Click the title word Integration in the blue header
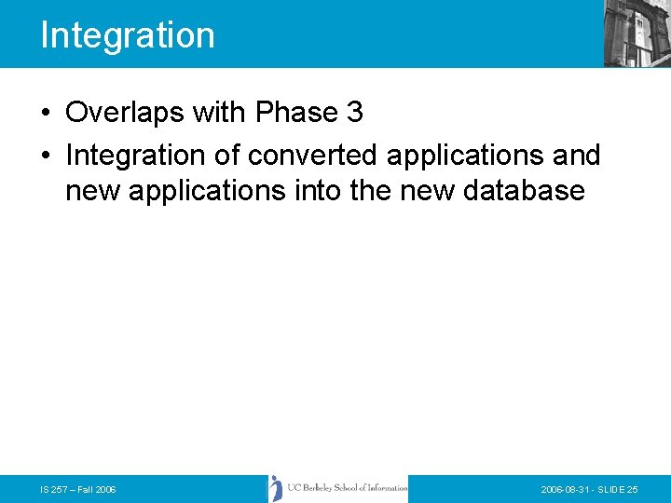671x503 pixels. (128, 35)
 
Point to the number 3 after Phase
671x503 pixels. (354, 113)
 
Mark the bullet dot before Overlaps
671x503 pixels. (46, 114)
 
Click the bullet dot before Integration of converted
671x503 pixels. (46, 155)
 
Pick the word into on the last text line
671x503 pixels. (319, 191)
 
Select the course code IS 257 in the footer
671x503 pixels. (54, 489)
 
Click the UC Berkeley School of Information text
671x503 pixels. (347, 488)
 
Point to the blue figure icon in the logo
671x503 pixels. (276, 488)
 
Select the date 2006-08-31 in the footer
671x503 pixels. (567, 489)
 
